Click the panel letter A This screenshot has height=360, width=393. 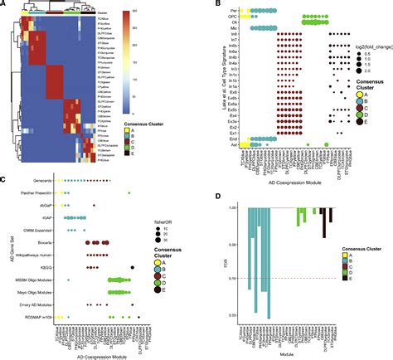pyautogui.click(x=4, y=4)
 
